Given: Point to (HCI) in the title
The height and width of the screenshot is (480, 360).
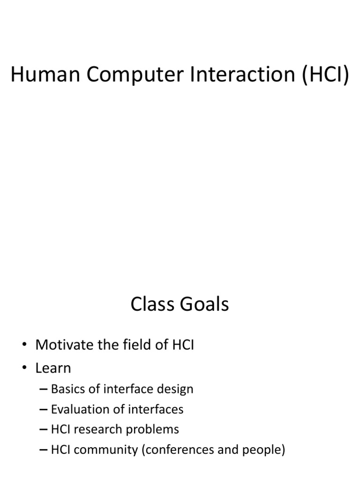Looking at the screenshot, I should point(325,76).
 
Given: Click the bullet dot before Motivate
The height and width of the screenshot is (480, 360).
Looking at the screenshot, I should point(24,346).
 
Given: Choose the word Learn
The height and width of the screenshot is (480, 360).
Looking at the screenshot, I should point(53,368).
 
